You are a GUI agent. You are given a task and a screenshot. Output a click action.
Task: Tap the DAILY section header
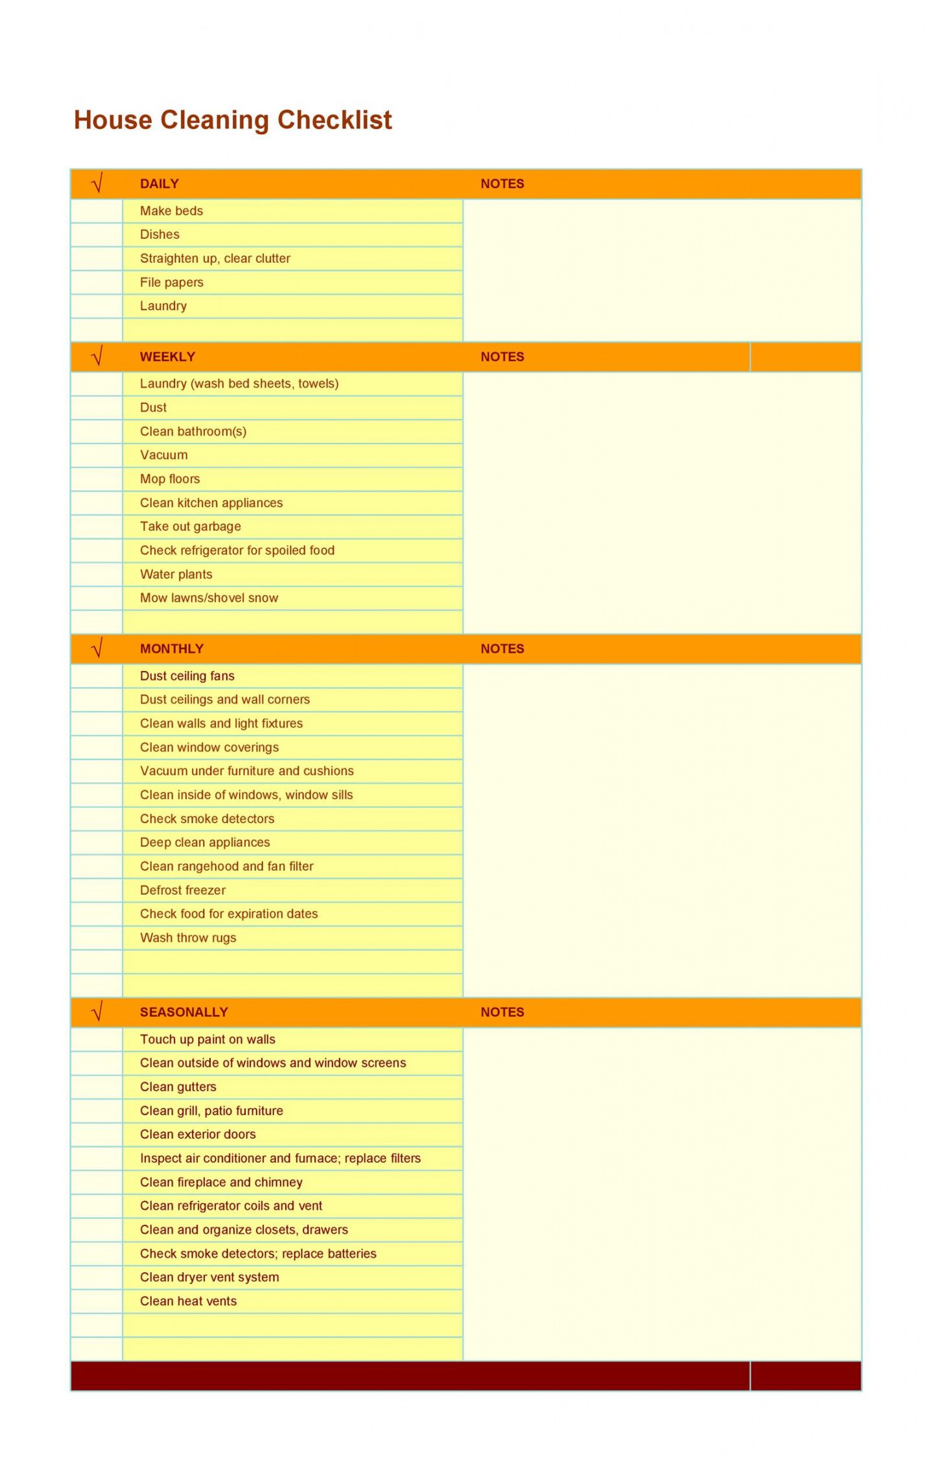coord(159,184)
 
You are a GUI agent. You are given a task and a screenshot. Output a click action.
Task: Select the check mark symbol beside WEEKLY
coord(97,357)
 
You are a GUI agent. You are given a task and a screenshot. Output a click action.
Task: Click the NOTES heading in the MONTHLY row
coord(502,648)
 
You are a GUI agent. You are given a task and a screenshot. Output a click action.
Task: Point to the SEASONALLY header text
coord(183,1012)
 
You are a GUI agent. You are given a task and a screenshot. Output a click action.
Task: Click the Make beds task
coord(171,211)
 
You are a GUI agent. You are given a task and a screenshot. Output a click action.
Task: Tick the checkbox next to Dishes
coord(97,235)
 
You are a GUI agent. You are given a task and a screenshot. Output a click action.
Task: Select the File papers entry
coord(171,282)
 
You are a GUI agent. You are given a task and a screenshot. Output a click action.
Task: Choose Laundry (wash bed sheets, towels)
coord(239,383)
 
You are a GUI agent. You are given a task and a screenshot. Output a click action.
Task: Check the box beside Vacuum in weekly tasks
coord(97,455)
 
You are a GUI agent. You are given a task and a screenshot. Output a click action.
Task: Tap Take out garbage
coord(190,527)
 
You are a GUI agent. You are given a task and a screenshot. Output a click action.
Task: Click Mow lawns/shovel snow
coord(209,598)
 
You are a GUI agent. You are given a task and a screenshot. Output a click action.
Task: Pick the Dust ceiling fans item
coord(187,676)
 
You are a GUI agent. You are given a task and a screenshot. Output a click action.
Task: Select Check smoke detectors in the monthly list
coord(207,818)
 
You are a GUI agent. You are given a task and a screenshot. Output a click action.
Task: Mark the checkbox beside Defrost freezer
coord(97,890)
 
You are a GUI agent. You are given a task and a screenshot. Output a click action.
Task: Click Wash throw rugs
coord(188,938)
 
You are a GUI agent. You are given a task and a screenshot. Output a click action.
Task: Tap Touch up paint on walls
coord(207,1039)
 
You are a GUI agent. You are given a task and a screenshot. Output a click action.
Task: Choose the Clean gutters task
coord(178,1087)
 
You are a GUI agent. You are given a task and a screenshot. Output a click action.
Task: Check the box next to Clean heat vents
coord(97,1301)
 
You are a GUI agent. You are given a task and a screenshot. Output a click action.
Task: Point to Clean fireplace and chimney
coord(221,1182)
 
